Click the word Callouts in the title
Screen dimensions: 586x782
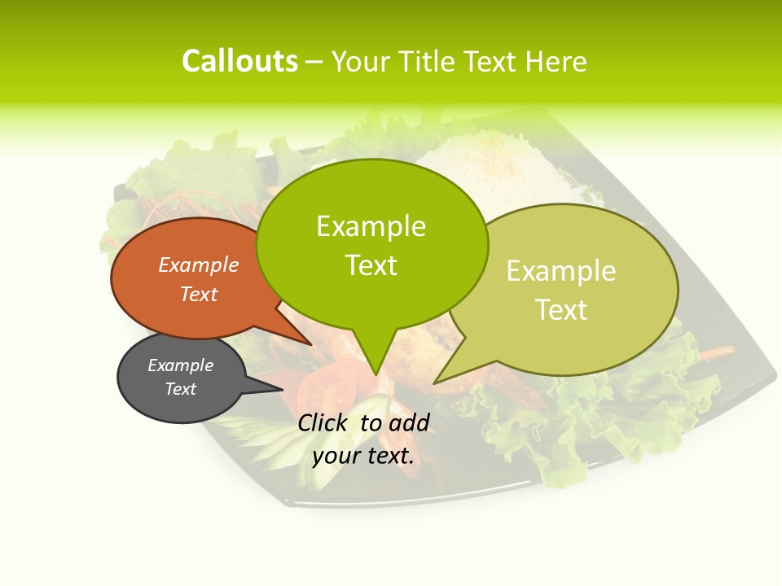pos(239,61)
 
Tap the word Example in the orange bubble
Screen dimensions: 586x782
pos(199,265)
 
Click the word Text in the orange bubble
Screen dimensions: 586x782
pos(199,294)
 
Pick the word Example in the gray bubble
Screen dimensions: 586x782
pos(180,365)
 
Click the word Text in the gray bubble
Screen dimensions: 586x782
pos(180,389)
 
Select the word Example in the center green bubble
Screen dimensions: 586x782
pos(371,226)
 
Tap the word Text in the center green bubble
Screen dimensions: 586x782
pos(371,265)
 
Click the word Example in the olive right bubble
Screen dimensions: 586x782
pos(561,271)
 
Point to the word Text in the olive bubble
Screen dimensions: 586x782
pos(561,310)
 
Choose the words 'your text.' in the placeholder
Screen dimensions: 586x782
pos(363,456)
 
